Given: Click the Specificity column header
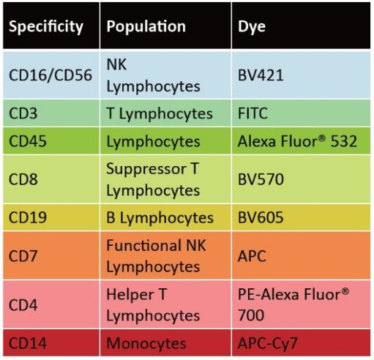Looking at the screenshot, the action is coord(46,27).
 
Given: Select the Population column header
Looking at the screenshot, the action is coord(146,26).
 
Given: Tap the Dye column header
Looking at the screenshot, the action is coord(252,27).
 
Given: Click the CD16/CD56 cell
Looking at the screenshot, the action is coord(51,75).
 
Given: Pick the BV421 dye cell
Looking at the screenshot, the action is coord(261,75).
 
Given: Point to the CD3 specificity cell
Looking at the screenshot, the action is coord(23,113).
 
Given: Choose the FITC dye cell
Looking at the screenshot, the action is coord(253,113).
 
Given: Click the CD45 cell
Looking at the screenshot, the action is coord(28,141).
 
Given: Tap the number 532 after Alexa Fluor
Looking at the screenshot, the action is coord(343,141).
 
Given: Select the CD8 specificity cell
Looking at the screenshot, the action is coord(23,179).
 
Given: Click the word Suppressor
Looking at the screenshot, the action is coord(146,169).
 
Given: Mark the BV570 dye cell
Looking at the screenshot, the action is coord(261,179).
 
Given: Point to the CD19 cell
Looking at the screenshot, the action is coord(28,217).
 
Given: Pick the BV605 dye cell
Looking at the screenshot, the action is coord(261,217).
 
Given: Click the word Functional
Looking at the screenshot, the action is coord(144,245).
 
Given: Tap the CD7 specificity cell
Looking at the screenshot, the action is coord(23,256).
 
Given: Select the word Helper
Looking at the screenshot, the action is coord(130,295).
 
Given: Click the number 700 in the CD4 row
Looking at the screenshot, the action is coord(251,315).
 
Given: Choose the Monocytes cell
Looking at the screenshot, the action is coord(146,343).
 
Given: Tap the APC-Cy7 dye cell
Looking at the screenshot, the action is coord(268,343).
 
